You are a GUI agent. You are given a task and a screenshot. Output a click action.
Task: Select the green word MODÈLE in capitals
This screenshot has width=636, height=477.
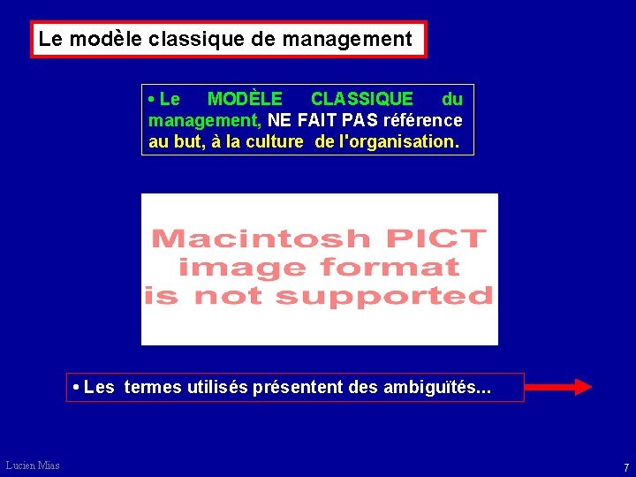[x=245, y=99]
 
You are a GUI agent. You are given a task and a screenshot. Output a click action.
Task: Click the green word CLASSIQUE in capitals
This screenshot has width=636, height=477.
[x=361, y=99]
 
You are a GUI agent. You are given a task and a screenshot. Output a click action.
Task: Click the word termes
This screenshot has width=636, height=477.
[x=156, y=387]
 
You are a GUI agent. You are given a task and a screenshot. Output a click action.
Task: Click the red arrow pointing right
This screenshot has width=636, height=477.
[x=562, y=386]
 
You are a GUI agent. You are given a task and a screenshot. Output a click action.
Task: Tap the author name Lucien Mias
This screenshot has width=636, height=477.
[x=32, y=466]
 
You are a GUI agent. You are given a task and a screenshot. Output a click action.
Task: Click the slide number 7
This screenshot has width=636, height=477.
[x=625, y=466]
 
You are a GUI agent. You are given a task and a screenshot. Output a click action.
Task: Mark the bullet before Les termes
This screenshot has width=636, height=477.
[x=77, y=387]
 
